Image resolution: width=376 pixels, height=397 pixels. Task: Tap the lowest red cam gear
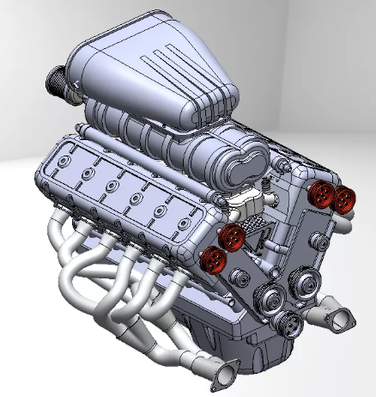click(x=213, y=257)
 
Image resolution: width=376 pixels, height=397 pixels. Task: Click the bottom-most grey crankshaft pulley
click(x=289, y=324)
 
